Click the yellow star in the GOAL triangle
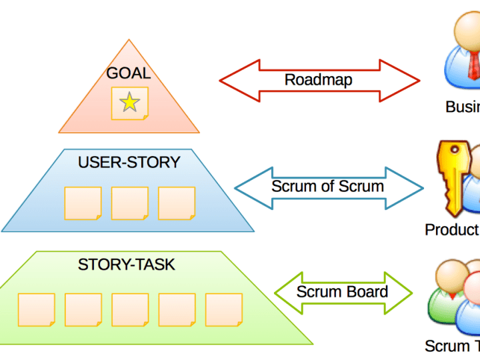[x=129, y=103]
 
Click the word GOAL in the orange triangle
[x=129, y=73]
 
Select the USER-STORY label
[x=129, y=162]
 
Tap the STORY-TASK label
[x=127, y=265]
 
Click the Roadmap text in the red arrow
[x=319, y=80]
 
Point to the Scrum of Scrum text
[x=327, y=186]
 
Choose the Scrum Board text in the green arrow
[x=342, y=292]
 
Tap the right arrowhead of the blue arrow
[x=413, y=187]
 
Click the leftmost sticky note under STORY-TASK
[x=36, y=309]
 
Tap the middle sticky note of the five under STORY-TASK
[x=130, y=309]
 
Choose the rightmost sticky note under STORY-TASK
[x=223, y=309]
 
